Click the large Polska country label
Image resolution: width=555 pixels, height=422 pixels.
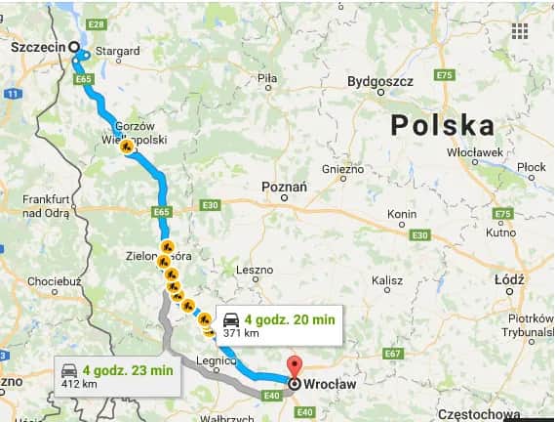442,124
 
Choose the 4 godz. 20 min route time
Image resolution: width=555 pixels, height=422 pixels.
290,318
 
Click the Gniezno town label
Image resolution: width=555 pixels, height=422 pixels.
342,168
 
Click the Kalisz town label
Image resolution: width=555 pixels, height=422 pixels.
386,280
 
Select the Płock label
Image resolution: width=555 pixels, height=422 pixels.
532,168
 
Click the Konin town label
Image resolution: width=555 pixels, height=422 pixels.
402,214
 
